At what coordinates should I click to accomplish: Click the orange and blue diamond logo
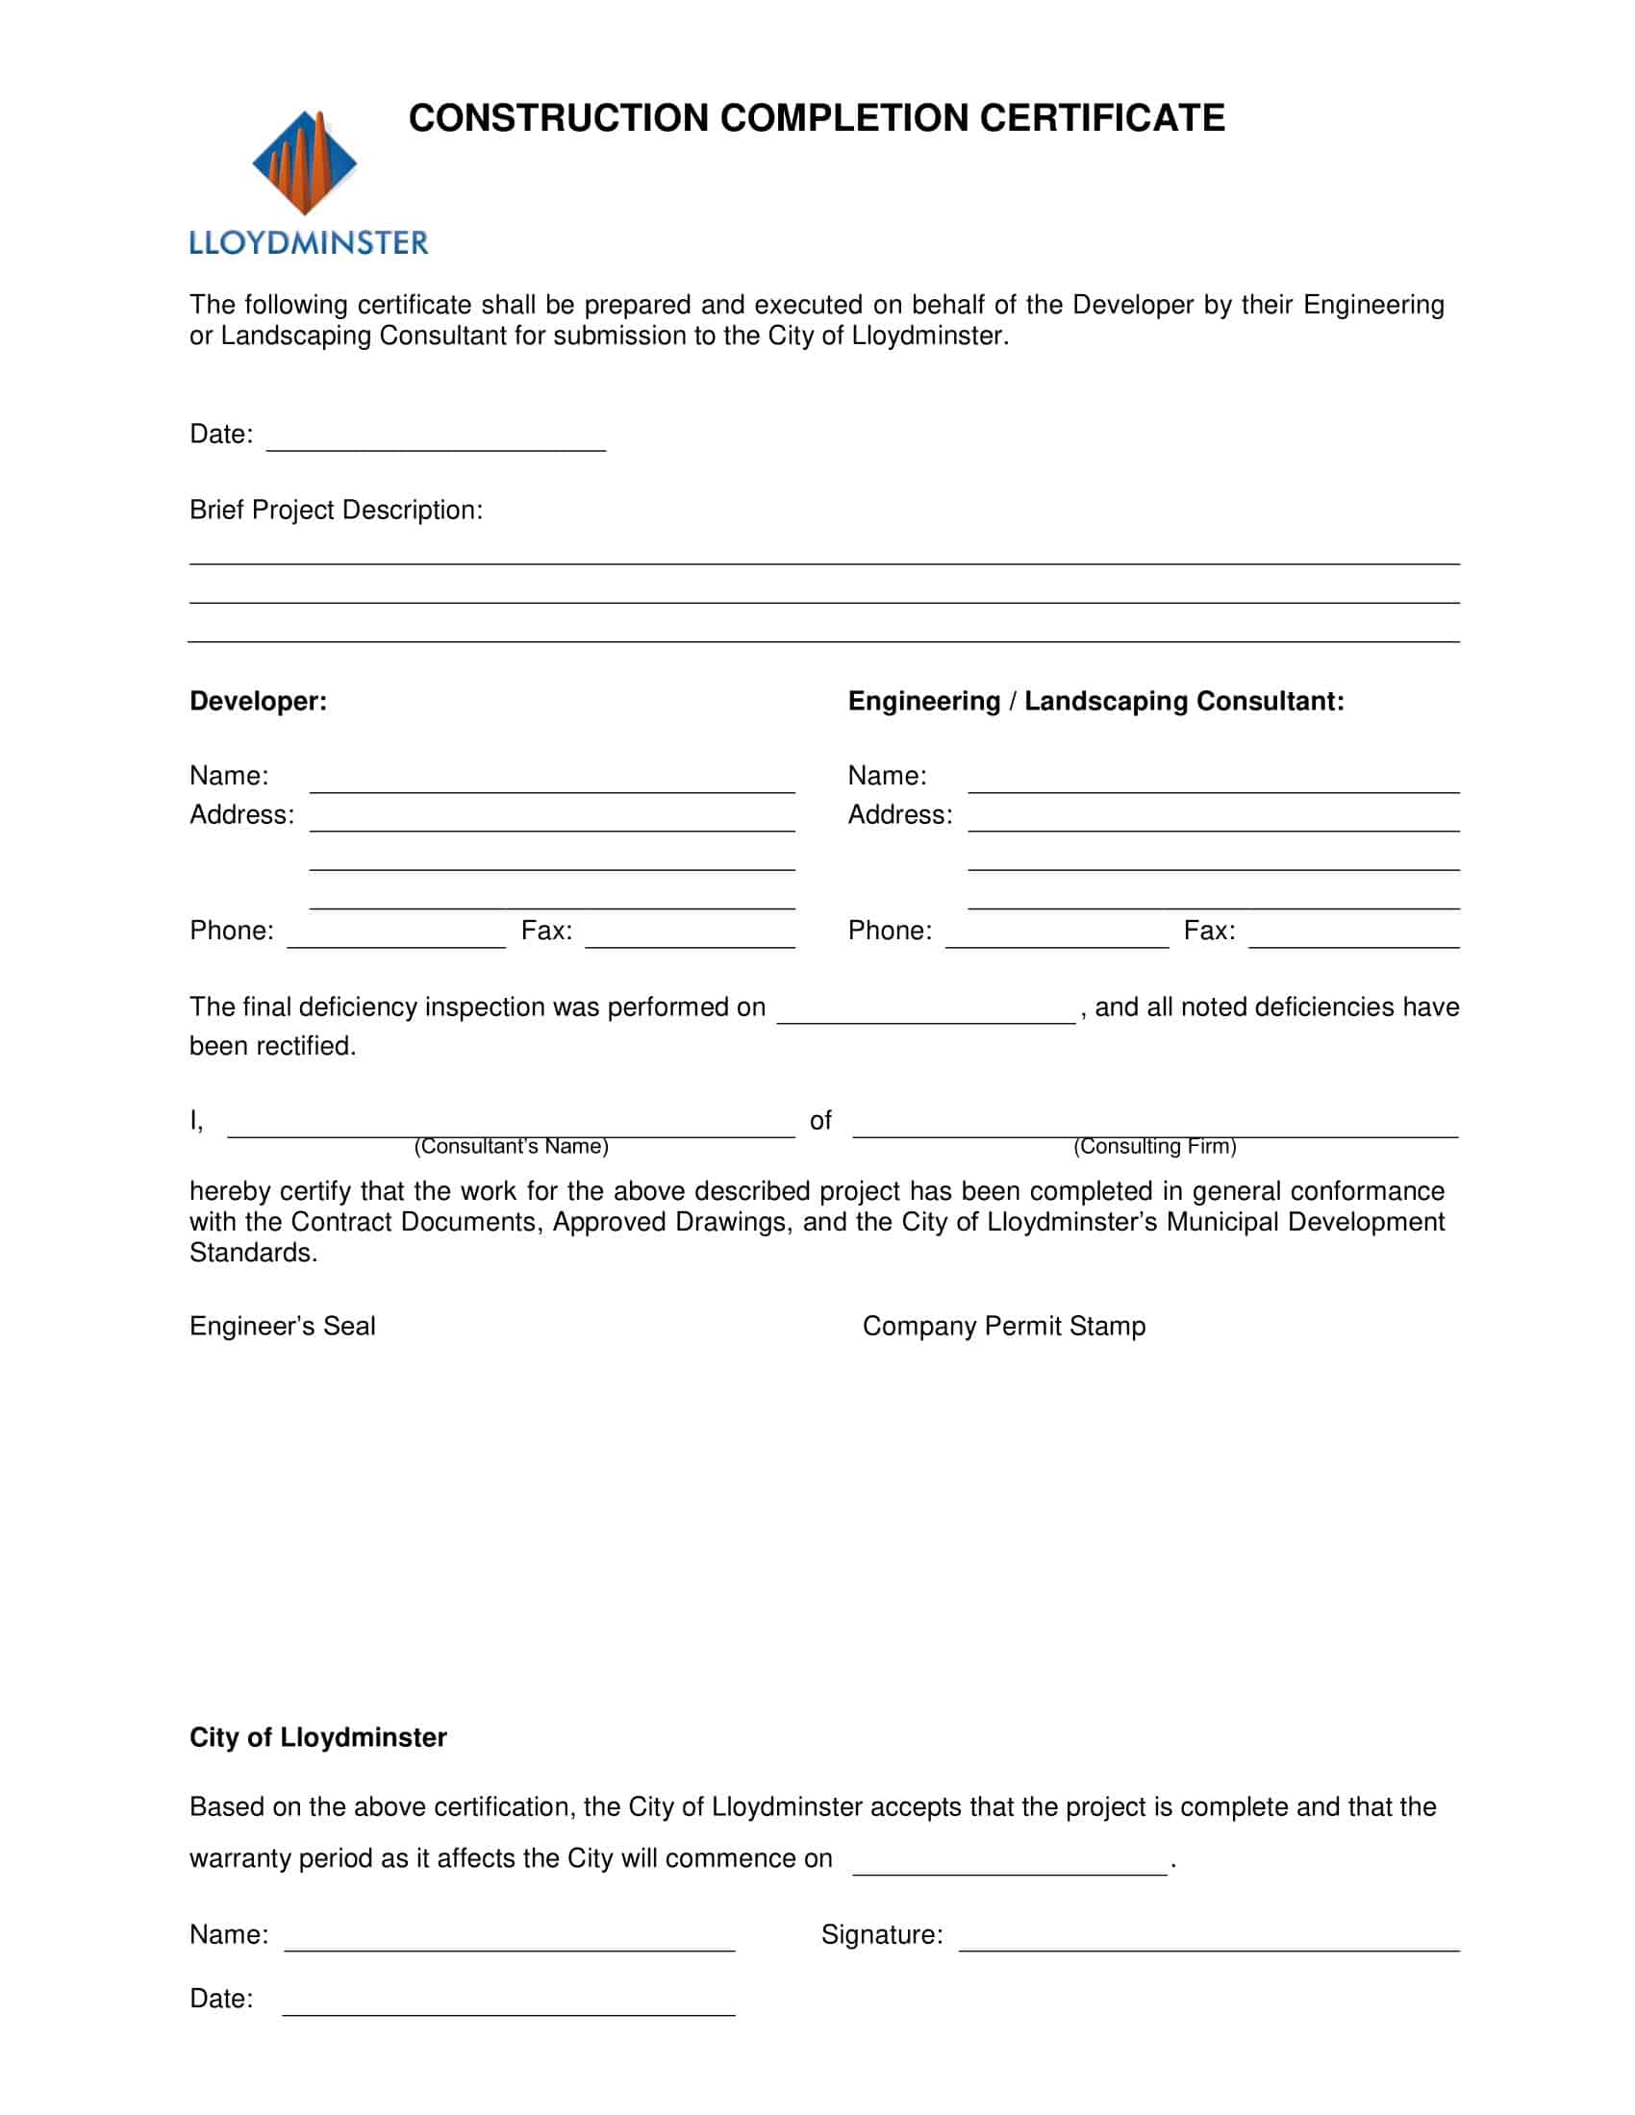click(x=305, y=162)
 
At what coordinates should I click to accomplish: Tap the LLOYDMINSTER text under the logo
click(x=308, y=242)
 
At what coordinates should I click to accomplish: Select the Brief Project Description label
click(x=336, y=510)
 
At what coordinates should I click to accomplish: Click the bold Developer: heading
click(x=259, y=701)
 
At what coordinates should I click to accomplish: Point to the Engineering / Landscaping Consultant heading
click(x=1095, y=701)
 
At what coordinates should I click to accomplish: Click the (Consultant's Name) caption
click(x=512, y=1147)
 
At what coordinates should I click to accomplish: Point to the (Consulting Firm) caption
click(x=1154, y=1147)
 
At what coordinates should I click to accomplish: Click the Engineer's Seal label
click(x=282, y=1326)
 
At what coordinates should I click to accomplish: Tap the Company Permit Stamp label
click(x=1003, y=1326)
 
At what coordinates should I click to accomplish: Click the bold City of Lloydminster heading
click(x=317, y=1737)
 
